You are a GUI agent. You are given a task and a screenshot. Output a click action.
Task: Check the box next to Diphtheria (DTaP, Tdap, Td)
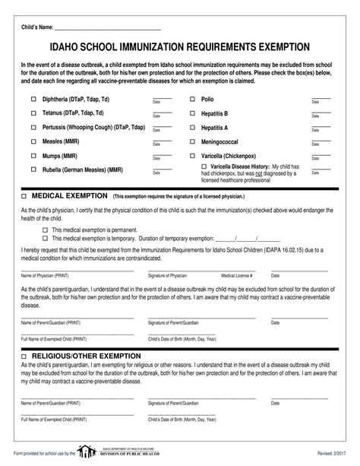click(33, 100)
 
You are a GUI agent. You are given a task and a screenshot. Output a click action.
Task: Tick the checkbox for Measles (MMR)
click(33, 141)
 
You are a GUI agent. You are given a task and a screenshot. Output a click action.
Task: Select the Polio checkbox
click(193, 100)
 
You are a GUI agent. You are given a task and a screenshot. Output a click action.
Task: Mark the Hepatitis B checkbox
click(193, 113)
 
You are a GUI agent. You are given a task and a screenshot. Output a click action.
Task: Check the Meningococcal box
click(193, 141)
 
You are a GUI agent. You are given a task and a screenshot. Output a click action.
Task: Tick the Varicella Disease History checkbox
click(203, 166)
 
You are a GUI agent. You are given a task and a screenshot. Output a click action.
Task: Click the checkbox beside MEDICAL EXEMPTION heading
click(24, 195)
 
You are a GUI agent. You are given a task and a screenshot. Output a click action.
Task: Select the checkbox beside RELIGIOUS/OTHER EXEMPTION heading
click(24, 355)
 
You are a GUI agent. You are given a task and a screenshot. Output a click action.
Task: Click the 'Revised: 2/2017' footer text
click(321, 454)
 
